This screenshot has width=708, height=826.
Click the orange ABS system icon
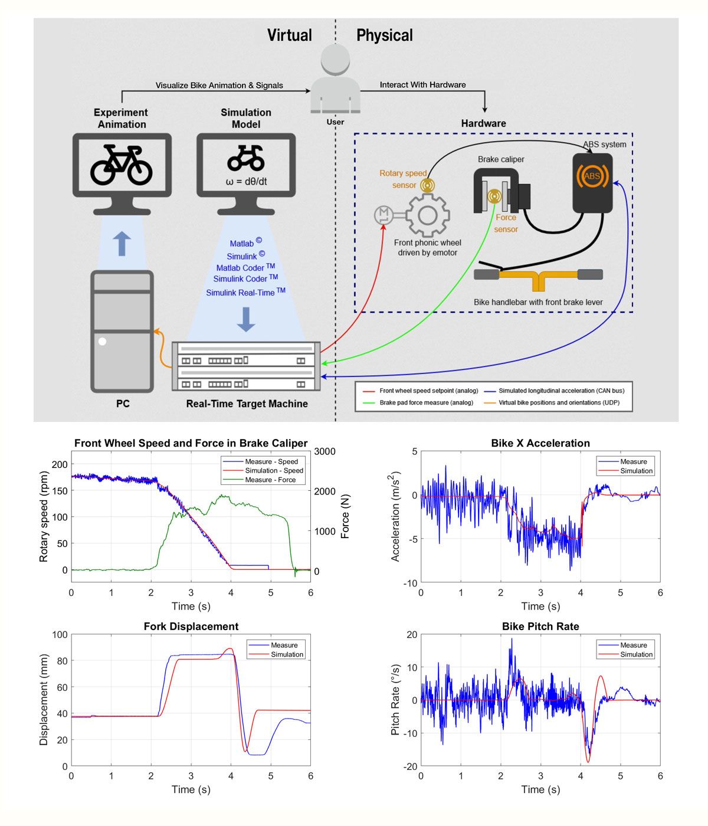click(592, 176)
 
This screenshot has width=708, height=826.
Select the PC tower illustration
click(122, 331)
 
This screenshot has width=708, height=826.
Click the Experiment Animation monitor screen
click(122, 165)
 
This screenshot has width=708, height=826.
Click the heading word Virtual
click(289, 35)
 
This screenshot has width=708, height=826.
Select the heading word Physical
click(384, 35)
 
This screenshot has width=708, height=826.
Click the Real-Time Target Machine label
click(247, 404)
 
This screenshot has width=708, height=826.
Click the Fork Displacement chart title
click(191, 626)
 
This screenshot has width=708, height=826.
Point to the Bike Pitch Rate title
click(540, 626)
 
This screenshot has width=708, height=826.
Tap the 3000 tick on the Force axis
click(324, 451)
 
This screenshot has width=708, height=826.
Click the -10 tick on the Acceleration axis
click(410, 583)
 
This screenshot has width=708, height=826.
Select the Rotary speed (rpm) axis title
click(43, 517)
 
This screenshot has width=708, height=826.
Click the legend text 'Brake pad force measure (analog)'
click(426, 402)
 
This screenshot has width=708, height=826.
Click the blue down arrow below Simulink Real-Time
click(246, 319)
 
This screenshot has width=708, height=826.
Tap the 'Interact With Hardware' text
click(422, 85)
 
